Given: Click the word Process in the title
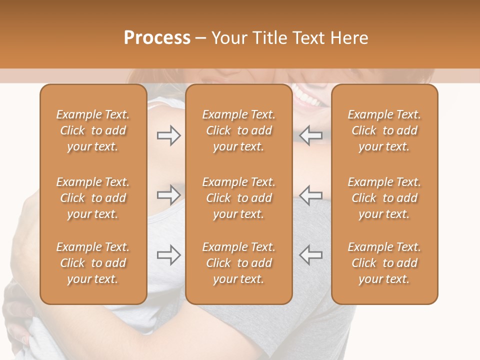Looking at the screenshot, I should [x=157, y=38].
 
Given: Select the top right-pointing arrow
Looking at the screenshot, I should [x=168, y=135].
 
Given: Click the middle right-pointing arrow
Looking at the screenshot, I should [x=168, y=195].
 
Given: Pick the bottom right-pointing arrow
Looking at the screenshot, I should [x=168, y=255].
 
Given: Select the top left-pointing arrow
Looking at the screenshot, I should [x=310, y=135].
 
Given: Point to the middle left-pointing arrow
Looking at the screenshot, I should [x=310, y=195].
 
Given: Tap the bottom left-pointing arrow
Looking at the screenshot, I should [x=310, y=255].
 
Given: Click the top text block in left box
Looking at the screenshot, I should [x=93, y=130].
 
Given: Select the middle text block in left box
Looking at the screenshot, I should [x=93, y=198].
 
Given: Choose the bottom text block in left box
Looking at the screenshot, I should [x=93, y=263].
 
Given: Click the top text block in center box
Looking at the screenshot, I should [x=238, y=130].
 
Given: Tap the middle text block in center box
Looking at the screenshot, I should [x=238, y=198].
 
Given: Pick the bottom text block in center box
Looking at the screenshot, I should [x=238, y=263].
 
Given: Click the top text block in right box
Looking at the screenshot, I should [x=384, y=130].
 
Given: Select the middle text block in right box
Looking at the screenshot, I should [x=384, y=198].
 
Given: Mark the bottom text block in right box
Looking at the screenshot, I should [x=384, y=263].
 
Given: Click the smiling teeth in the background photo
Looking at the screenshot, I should [x=307, y=96].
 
